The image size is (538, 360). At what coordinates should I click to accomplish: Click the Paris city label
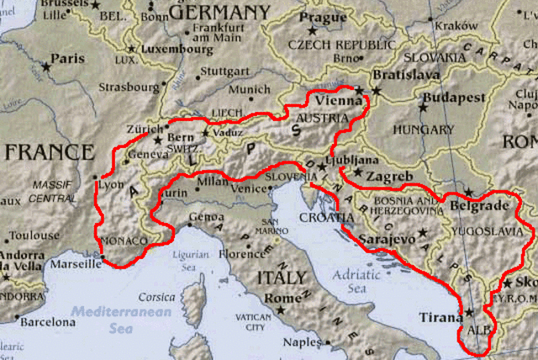[x=68, y=59]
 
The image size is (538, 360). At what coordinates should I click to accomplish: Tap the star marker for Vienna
[x=359, y=90]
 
